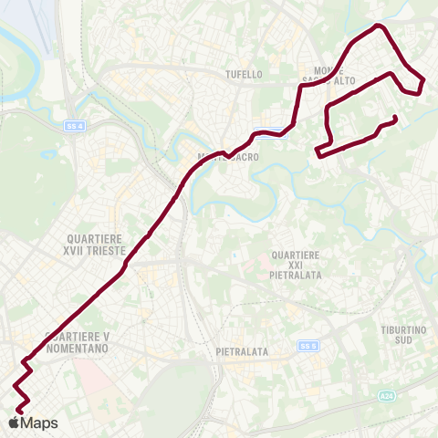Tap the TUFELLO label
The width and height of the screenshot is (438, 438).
click(x=245, y=74)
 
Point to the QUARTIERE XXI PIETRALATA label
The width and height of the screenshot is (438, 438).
click(x=296, y=263)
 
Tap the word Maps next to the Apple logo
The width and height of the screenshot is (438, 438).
click(x=39, y=423)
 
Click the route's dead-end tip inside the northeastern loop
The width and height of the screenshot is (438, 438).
click(x=395, y=117)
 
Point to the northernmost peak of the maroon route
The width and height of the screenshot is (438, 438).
click(x=379, y=26)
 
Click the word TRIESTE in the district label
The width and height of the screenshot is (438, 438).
click(x=106, y=249)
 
